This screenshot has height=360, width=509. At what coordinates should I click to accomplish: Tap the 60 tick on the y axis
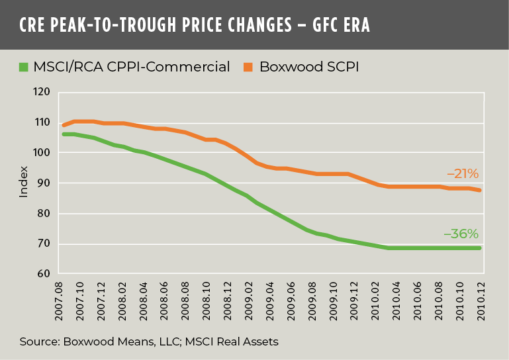[x=44, y=274]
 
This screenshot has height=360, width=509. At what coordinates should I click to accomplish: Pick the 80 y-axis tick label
[x=44, y=214]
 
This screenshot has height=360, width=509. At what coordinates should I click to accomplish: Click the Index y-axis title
[x=24, y=183]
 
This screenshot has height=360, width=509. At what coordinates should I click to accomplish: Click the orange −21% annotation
[x=462, y=174]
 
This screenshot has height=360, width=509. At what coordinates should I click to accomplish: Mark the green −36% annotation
[x=461, y=234]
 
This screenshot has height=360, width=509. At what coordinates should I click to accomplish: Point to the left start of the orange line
[x=64, y=125]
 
